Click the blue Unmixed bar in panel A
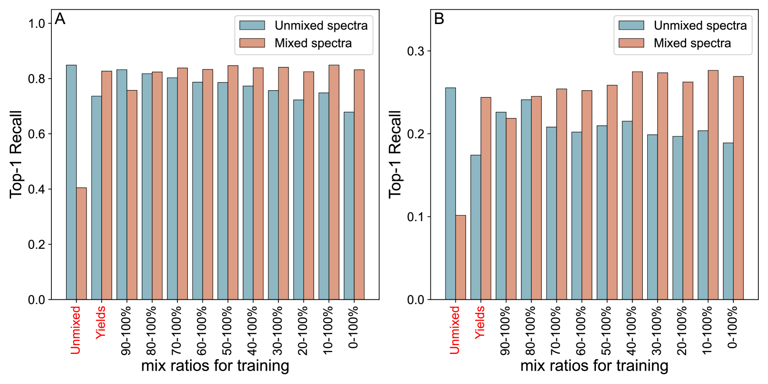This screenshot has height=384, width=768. pyautogui.click(x=71, y=182)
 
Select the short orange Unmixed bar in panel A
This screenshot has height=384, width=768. pyautogui.click(x=81, y=243)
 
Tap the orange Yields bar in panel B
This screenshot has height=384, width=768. pyautogui.click(x=486, y=198)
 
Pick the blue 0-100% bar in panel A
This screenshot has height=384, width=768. pyautogui.click(x=349, y=206)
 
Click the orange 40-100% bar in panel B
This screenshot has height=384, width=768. pyautogui.click(x=637, y=186)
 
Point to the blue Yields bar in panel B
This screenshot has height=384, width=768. pyautogui.click(x=476, y=227)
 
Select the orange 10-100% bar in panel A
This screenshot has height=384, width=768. pyautogui.click(x=334, y=182)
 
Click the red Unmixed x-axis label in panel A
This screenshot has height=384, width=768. pyautogui.click(x=76, y=330)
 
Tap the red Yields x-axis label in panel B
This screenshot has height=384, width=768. pyautogui.click(x=480, y=322)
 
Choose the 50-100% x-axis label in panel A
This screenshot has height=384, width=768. pyautogui.click(x=227, y=330)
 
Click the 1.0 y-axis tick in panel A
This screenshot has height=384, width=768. pyautogui.click(x=37, y=24)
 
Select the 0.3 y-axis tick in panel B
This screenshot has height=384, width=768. pyautogui.click(x=416, y=51)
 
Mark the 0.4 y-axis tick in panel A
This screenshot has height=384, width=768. pyautogui.click(x=37, y=189)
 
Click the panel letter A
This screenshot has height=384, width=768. pyautogui.click(x=60, y=19)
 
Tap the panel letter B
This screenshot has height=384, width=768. pyautogui.click(x=439, y=19)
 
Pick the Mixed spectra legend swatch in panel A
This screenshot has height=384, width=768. pyautogui.click(x=252, y=43)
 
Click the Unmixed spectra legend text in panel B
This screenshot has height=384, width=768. pyautogui.click(x=700, y=25)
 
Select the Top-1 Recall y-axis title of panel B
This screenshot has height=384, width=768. pyautogui.click(x=395, y=155)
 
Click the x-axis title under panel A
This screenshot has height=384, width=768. pyautogui.click(x=215, y=365)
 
